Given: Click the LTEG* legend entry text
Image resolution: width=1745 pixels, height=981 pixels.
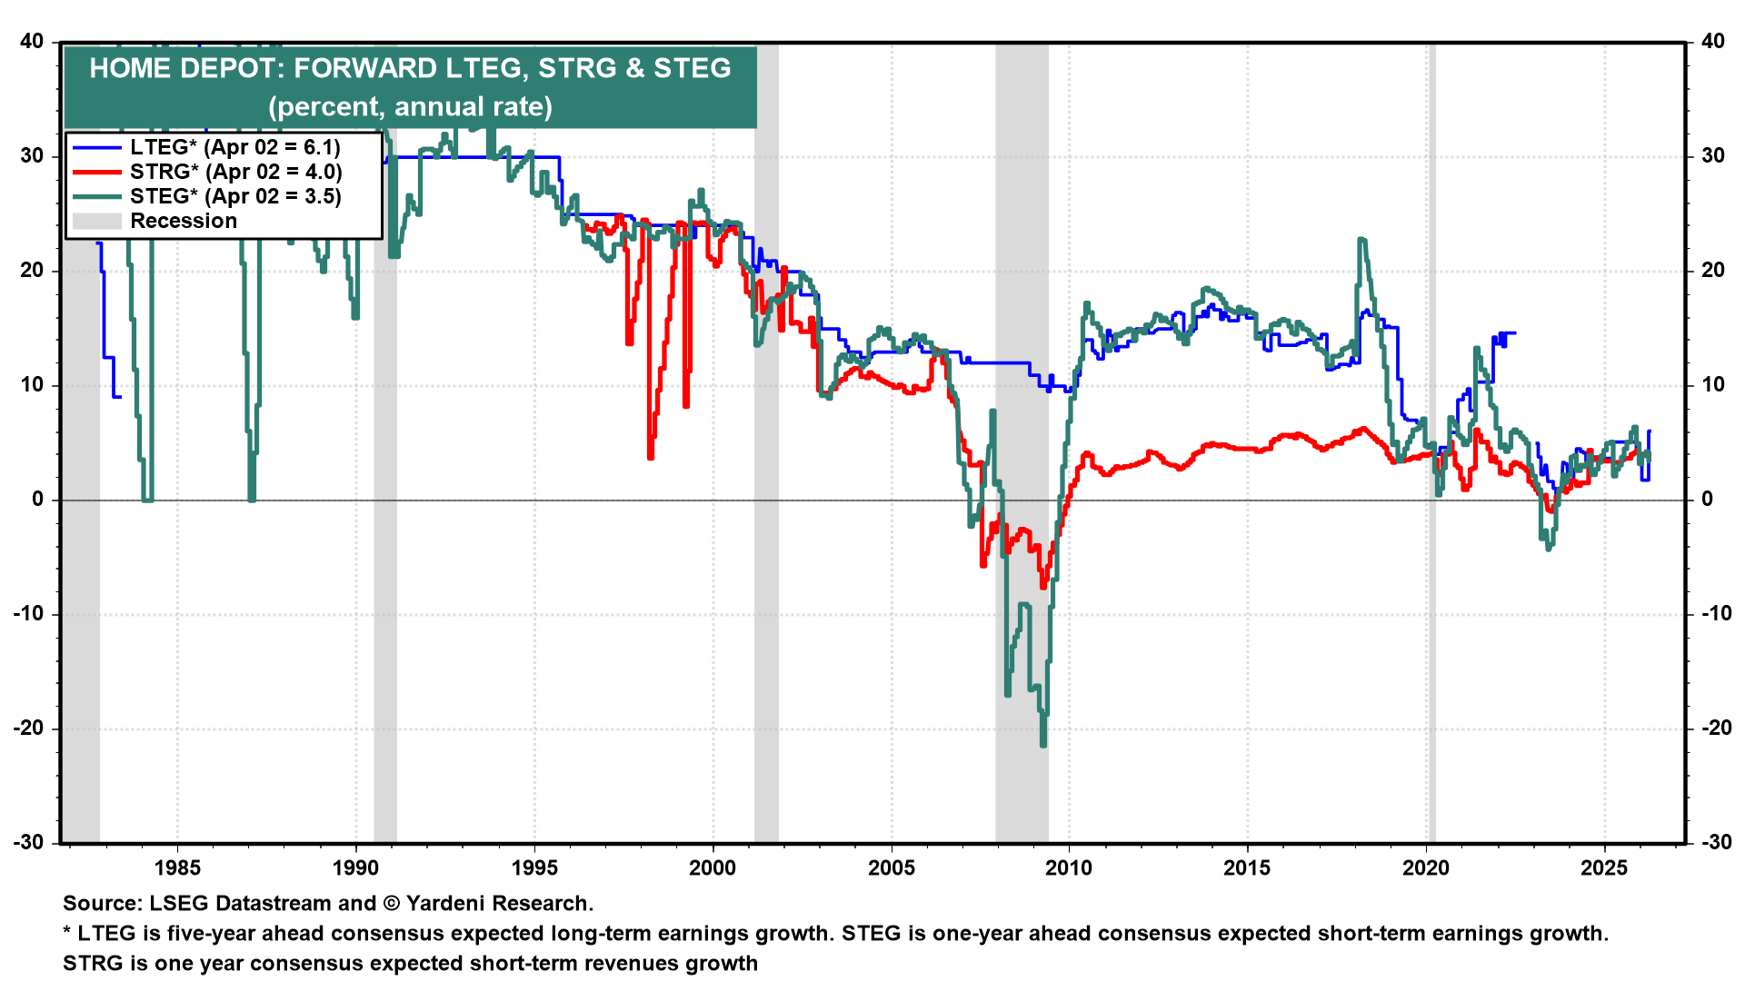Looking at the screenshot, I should (x=234, y=147).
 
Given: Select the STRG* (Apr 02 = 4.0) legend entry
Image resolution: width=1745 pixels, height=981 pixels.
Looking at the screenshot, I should (x=235, y=172).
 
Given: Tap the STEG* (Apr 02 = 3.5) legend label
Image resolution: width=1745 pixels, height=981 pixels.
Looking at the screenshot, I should (x=235, y=196).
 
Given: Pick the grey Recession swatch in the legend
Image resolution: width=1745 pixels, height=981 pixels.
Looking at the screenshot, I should (x=96, y=221).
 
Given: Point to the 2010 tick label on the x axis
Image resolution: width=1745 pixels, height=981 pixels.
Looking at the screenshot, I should (x=1069, y=867).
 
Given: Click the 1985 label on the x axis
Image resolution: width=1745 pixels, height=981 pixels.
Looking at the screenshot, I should (x=177, y=867).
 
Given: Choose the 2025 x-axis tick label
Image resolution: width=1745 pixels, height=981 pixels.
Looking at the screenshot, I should (x=1604, y=867).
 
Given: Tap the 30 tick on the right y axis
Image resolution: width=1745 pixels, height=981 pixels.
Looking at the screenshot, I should (x=1712, y=155).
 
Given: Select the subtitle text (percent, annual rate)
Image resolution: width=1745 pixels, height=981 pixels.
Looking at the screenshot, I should (x=410, y=107).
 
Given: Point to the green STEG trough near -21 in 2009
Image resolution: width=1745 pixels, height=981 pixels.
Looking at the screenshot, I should (x=1042, y=743).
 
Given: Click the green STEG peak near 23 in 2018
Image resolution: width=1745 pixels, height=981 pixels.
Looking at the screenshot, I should (x=1361, y=241).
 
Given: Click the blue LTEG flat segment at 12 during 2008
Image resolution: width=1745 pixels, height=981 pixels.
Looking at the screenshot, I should (x=1000, y=362).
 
